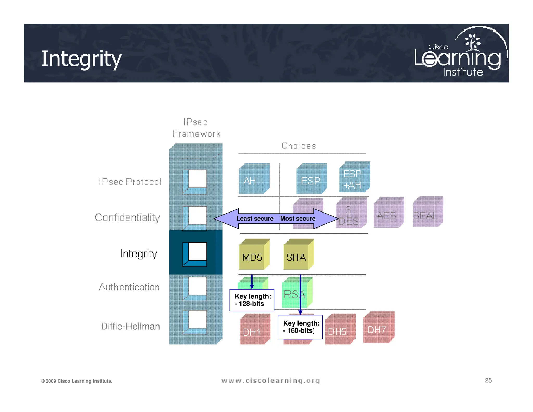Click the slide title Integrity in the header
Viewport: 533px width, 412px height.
(81, 59)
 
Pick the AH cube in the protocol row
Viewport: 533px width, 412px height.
(253, 179)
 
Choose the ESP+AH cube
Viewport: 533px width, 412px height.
(354, 178)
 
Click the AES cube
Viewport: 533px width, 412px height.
(388, 213)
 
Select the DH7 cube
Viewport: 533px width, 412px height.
(378, 328)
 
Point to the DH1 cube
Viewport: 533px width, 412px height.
(254, 330)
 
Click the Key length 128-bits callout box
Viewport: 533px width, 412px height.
(252, 300)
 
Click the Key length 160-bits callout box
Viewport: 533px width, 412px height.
(300, 327)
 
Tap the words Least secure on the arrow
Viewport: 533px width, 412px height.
(255, 219)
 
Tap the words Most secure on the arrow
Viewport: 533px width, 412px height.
(298, 219)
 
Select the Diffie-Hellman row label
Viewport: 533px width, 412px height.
(130, 326)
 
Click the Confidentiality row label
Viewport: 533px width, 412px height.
(127, 217)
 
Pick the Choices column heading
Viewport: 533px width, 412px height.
(299, 146)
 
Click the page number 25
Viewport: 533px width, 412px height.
(488, 380)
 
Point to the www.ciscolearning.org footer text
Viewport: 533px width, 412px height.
(270, 381)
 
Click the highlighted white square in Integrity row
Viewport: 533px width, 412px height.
(197, 251)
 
